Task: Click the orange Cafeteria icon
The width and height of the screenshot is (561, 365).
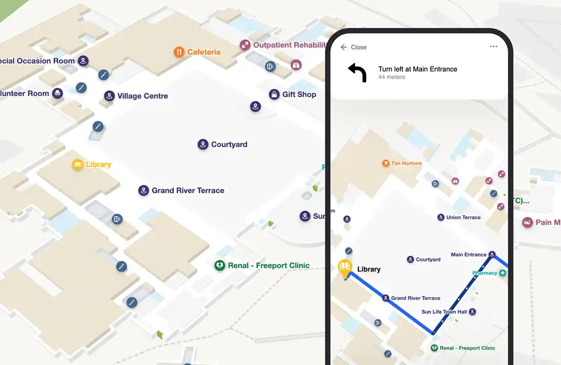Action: point(178,52)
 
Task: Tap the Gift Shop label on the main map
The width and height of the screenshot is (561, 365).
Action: point(299,94)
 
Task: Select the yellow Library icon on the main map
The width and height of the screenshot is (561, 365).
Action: point(78,164)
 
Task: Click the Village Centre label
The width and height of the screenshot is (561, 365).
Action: point(142,96)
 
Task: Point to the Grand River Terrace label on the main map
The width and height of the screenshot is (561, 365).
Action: point(188,190)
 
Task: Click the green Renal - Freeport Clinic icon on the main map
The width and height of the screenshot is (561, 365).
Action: point(219,265)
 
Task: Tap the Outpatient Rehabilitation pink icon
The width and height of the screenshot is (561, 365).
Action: point(245,45)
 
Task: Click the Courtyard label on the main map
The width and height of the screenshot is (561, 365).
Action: point(229,144)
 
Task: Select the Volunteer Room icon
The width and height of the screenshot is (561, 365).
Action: point(58,93)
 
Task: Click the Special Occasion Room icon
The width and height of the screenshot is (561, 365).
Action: point(84,61)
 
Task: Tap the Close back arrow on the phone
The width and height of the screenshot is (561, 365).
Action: point(344,47)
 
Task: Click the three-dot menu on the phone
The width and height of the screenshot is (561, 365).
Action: point(493,47)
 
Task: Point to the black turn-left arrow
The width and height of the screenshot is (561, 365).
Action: point(358,72)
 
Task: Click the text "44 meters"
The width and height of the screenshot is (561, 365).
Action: point(392,78)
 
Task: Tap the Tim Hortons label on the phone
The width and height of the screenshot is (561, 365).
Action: point(406,163)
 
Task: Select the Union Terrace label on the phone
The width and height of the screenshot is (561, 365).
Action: point(463,217)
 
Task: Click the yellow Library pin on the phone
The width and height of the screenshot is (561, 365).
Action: point(345,268)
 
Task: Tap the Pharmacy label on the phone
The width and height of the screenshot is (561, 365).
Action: point(484,273)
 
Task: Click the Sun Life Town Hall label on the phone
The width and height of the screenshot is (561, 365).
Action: point(444,312)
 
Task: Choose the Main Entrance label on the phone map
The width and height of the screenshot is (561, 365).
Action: point(469,255)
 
